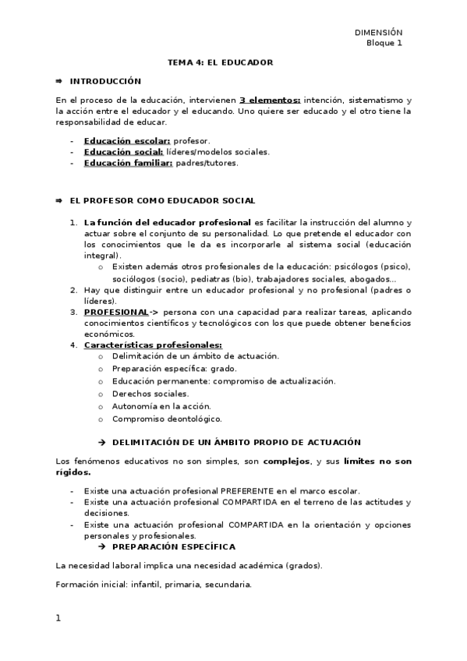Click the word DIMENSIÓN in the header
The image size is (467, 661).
(378, 32)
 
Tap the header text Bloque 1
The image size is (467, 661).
(384, 43)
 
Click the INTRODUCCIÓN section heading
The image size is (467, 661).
(105, 81)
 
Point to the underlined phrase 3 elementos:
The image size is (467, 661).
(270, 101)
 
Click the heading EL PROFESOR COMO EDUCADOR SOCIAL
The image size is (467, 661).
(162, 201)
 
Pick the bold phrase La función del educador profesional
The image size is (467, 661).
(168, 223)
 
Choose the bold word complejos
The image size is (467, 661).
(286, 461)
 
